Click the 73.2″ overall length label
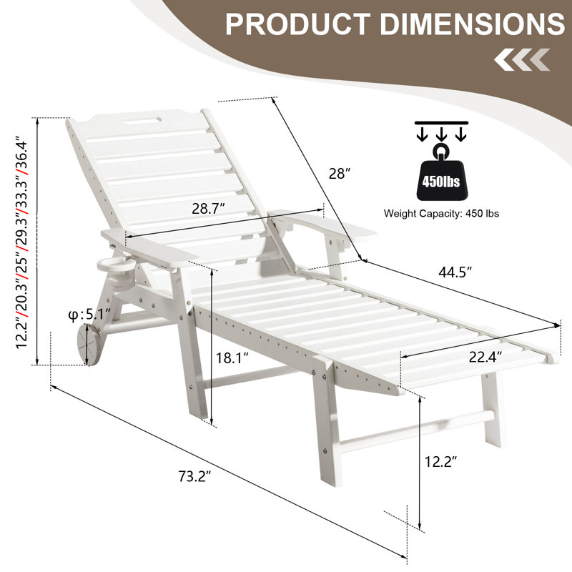click(x=194, y=476)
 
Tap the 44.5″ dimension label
click(x=455, y=272)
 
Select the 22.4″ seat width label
click(x=485, y=357)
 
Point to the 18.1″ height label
click(x=232, y=358)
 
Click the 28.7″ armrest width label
click(x=208, y=208)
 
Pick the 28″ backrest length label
click(x=339, y=173)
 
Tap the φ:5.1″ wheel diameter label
click(x=89, y=315)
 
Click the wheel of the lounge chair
click(x=88, y=345)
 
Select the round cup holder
click(x=116, y=265)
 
